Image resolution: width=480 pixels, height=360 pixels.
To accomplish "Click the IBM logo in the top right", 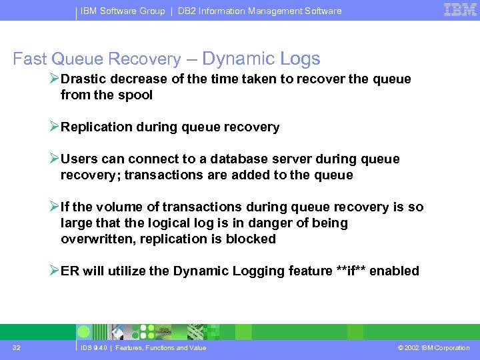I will [x=460, y=10].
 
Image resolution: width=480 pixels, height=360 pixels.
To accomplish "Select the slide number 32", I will [x=17, y=347].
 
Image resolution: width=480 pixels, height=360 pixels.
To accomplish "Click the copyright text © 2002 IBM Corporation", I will [x=433, y=347].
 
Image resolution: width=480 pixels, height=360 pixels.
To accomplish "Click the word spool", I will [x=135, y=95].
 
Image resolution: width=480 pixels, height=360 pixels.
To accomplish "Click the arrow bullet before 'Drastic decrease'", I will [x=54, y=79].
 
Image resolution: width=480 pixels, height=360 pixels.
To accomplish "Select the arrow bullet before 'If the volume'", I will [x=54, y=207].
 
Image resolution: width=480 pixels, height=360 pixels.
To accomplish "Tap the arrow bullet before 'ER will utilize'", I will [x=54, y=271].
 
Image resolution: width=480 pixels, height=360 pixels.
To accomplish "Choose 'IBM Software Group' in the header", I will [x=123, y=11].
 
